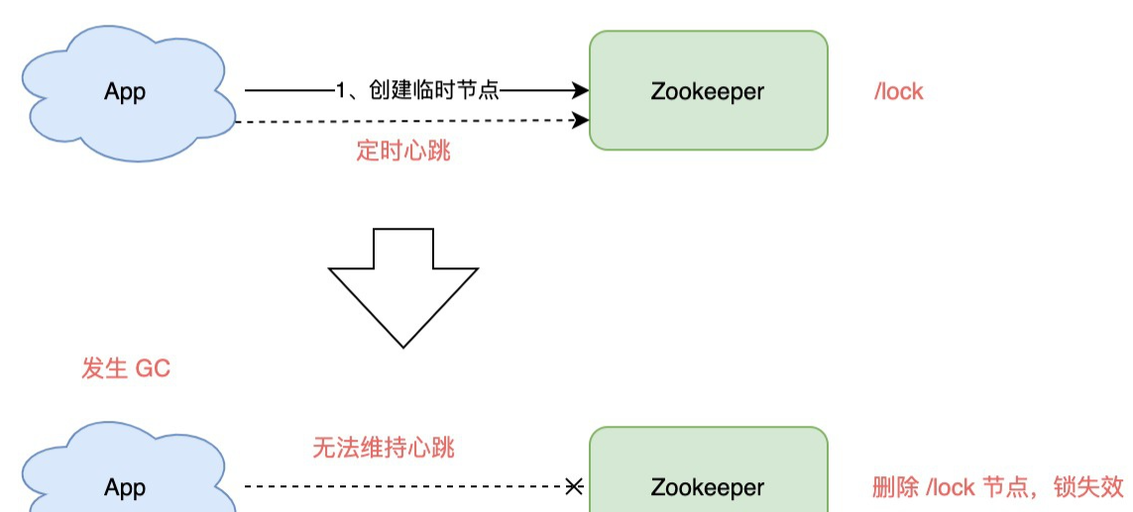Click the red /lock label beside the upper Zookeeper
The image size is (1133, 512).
pos(898,92)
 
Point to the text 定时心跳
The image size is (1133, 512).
pos(402,152)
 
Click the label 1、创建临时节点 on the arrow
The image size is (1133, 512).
pos(417,91)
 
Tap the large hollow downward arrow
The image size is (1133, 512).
pos(403,287)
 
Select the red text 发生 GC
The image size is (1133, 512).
pos(126,369)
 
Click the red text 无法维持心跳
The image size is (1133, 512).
pos(384,448)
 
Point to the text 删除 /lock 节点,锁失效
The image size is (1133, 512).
pos(997,487)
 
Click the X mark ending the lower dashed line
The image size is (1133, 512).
pos(573,486)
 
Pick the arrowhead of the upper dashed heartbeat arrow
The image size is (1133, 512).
pos(581,121)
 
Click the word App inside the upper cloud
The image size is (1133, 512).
pos(125,92)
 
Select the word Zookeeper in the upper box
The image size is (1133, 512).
pos(708,91)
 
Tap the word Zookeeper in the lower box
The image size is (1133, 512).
pos(708,487)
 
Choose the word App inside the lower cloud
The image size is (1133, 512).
pos(125,488)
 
